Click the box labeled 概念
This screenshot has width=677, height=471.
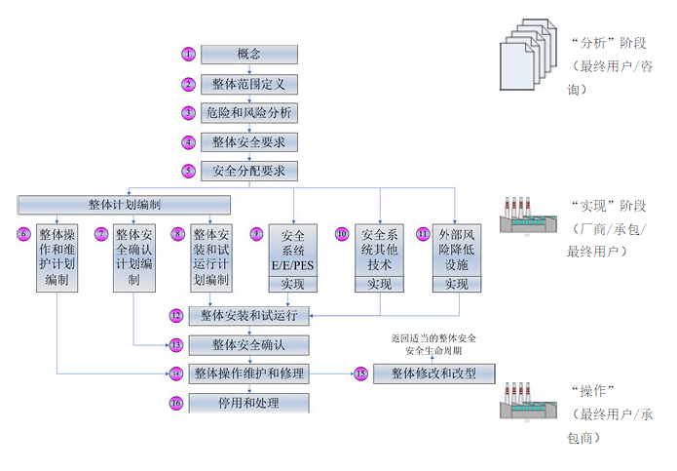(x=249, y=55)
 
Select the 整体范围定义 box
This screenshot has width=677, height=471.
(x=249, y=85)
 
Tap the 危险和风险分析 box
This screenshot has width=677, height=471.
(x=249, y=113)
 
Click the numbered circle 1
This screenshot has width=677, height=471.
(x=189, y=55)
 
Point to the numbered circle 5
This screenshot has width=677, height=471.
(x=189, y=171)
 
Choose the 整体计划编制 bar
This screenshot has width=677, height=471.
(x=124, y=205)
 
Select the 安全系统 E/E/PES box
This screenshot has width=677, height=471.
(x=293, y=251)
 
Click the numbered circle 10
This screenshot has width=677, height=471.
(x=342, y=234)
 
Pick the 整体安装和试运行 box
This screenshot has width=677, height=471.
(x=249, y=315)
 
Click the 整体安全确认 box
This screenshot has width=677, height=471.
(x=249, y=344)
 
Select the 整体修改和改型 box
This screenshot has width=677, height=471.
(x=434, y=373)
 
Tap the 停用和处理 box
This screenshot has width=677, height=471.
(x=249, y=402)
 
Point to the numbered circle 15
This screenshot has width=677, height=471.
(x=360, y=373)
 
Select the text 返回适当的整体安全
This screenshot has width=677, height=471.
(x=433, y=337)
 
